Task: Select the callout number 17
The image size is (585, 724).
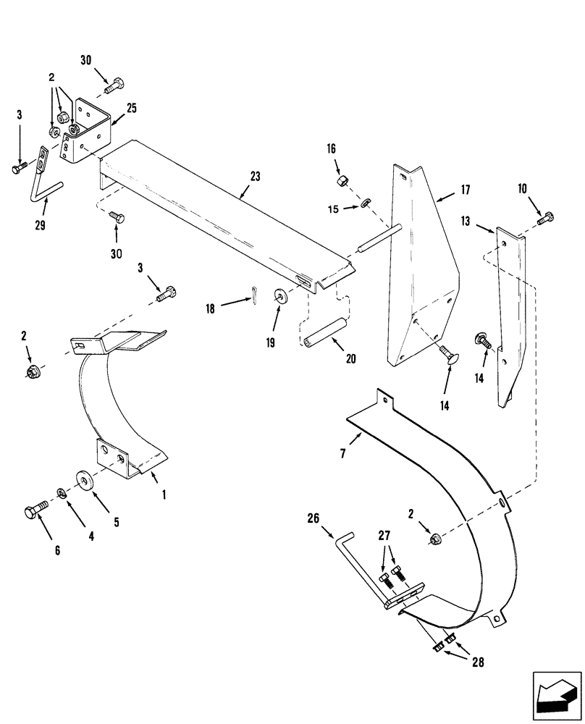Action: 465,190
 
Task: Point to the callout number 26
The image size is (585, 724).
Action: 312,518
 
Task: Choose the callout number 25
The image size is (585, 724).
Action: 131,107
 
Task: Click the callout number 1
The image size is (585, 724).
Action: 164,495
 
